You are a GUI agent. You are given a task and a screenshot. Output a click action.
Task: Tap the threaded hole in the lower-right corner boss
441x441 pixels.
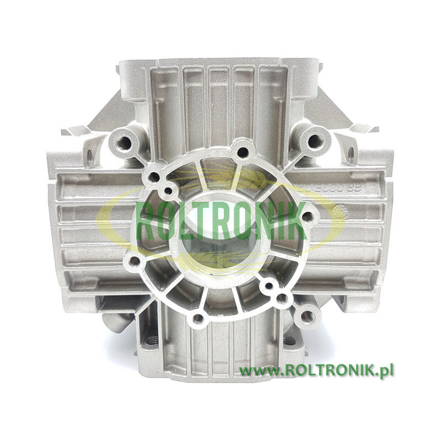point(306,316)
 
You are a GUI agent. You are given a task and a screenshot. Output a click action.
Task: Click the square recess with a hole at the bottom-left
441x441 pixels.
point(150,340)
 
